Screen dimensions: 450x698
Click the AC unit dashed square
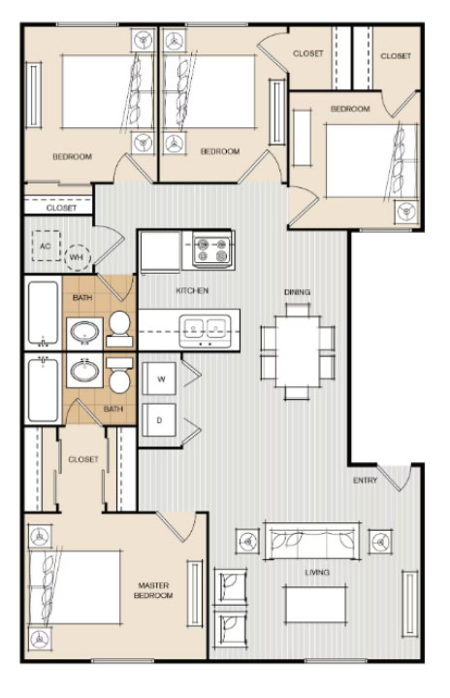click(x=47, y=246)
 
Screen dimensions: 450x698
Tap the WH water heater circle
click(x=77, y=257)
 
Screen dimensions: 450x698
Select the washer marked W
click(x=159, y=379)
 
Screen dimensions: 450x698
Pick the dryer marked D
click(x=159, y=419)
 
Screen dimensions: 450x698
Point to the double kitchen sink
click(x=205, y=330)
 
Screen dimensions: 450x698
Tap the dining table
click(x=298, y=351)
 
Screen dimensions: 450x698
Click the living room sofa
click(x=311, y=541)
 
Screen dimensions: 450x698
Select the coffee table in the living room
click(x=315, y=605)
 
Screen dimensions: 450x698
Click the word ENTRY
click(x=365, y=481)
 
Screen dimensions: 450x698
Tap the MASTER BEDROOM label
click(x=153, y=590)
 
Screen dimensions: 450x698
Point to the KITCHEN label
click(x=192, y=290)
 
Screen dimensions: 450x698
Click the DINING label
click(x=297, y=292)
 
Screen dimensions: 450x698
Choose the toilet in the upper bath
click(x=119, y=329)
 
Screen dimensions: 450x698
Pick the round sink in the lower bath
click(x=84, y=371)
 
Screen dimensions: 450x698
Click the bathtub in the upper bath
click(x=43, y=314)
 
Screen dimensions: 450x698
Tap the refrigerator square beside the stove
click(x=160, y=251)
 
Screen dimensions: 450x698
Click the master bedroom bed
click(x=75, y=587)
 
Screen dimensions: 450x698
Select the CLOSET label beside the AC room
click(x=61, y=208)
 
